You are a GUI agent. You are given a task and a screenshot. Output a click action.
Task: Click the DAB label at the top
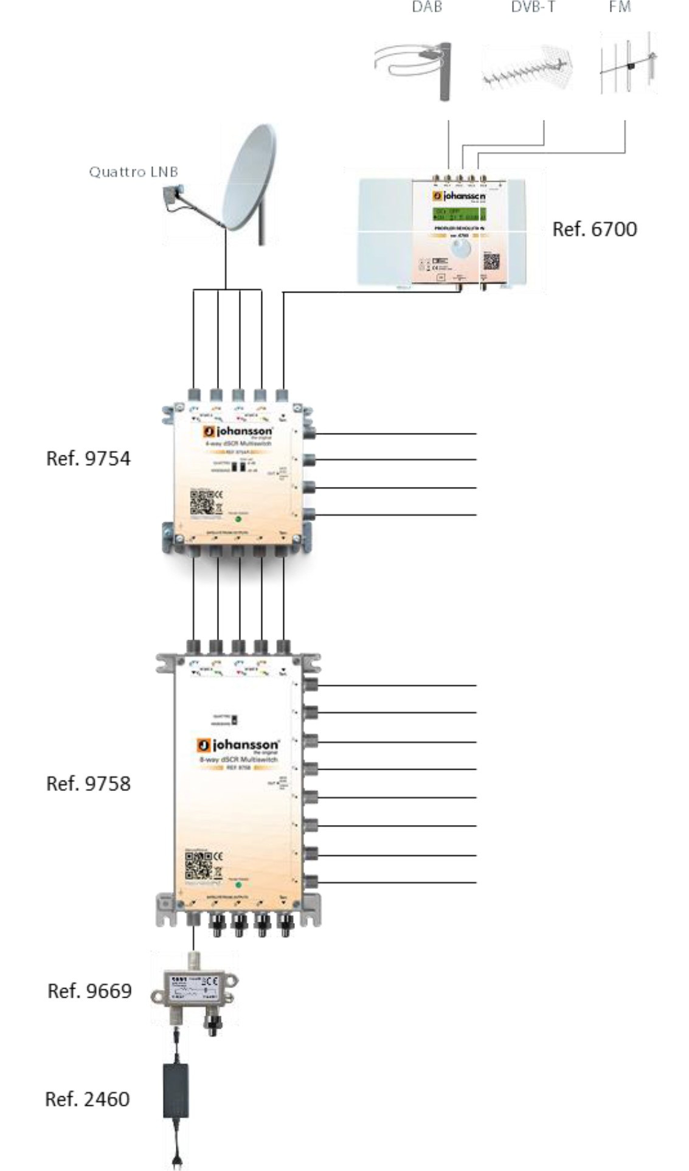[426, 7]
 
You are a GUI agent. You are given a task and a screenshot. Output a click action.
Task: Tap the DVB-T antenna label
[533, 7]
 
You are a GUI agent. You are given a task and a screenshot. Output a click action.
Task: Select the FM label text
[620, 7]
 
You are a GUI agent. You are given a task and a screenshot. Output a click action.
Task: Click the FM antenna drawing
[628, 64]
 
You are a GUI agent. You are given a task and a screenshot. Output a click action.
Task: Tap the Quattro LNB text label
[133, 172]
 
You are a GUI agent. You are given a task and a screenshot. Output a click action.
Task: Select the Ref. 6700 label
[594, 229]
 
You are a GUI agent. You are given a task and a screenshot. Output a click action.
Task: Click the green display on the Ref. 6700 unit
[459, 214]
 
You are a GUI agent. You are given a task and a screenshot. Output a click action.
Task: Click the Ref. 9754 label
[88, 458]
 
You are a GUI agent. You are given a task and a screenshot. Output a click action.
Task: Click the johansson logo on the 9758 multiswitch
[238, 745]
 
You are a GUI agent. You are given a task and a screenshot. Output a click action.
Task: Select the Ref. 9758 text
[88, 784]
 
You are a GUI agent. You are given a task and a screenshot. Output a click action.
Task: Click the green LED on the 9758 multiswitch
[239, 885]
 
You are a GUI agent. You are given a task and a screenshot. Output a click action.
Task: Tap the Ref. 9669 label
[89, 991]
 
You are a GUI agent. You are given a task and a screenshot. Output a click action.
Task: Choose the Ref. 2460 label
[87, 1099]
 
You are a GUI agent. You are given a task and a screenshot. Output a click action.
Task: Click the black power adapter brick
[176, 1091]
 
